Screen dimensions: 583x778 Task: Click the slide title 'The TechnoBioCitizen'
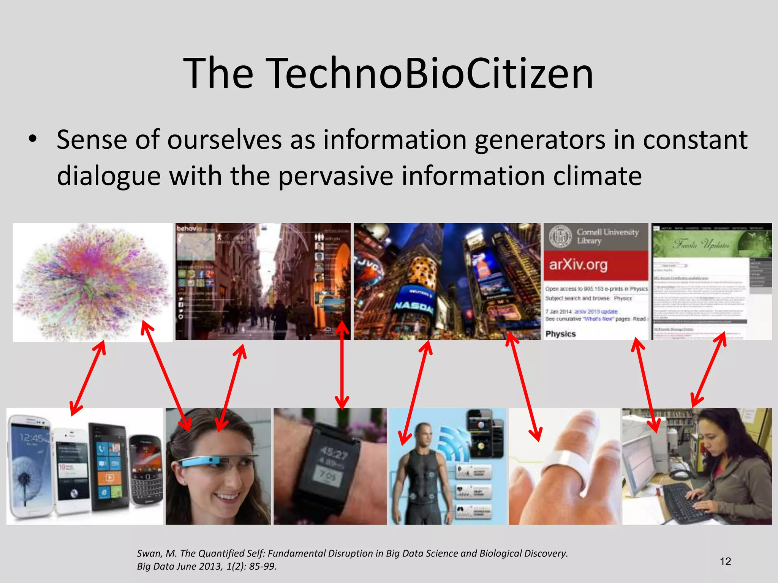388,73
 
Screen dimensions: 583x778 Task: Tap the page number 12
725,561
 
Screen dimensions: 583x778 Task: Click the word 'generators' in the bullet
540,140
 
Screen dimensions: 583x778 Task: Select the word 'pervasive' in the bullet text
336,176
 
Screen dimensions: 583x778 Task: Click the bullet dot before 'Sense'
33,139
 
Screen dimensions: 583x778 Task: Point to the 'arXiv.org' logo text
578,264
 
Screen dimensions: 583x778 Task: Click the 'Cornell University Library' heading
607,236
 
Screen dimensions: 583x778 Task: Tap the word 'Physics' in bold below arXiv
560,334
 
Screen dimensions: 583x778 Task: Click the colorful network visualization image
93,282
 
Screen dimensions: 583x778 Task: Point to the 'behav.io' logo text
189,228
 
